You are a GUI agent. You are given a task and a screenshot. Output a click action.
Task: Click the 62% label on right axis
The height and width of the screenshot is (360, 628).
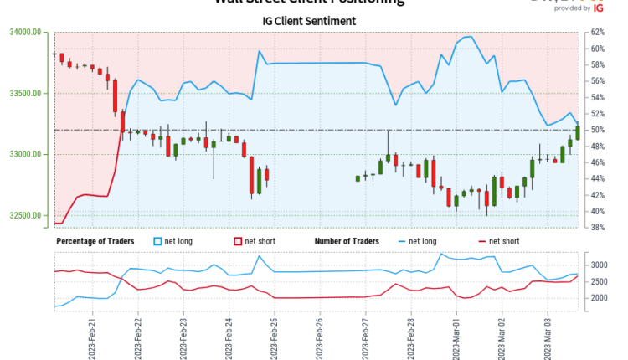coord(598,32)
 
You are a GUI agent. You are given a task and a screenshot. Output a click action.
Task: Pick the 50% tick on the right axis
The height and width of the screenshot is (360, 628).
coord(598,131)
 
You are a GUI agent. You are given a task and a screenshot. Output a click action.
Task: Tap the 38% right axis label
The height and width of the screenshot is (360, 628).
coord(598,228)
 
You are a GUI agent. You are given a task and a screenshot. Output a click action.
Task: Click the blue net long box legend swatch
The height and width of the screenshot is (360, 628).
coord(158,242)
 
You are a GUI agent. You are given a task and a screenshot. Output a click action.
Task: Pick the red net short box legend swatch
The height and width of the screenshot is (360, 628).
coord(237,242)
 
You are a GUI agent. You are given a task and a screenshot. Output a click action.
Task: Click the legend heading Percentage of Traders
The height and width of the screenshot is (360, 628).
coord(97,242)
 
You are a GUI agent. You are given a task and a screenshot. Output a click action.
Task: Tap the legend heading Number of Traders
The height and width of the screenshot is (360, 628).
coord(347,242)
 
